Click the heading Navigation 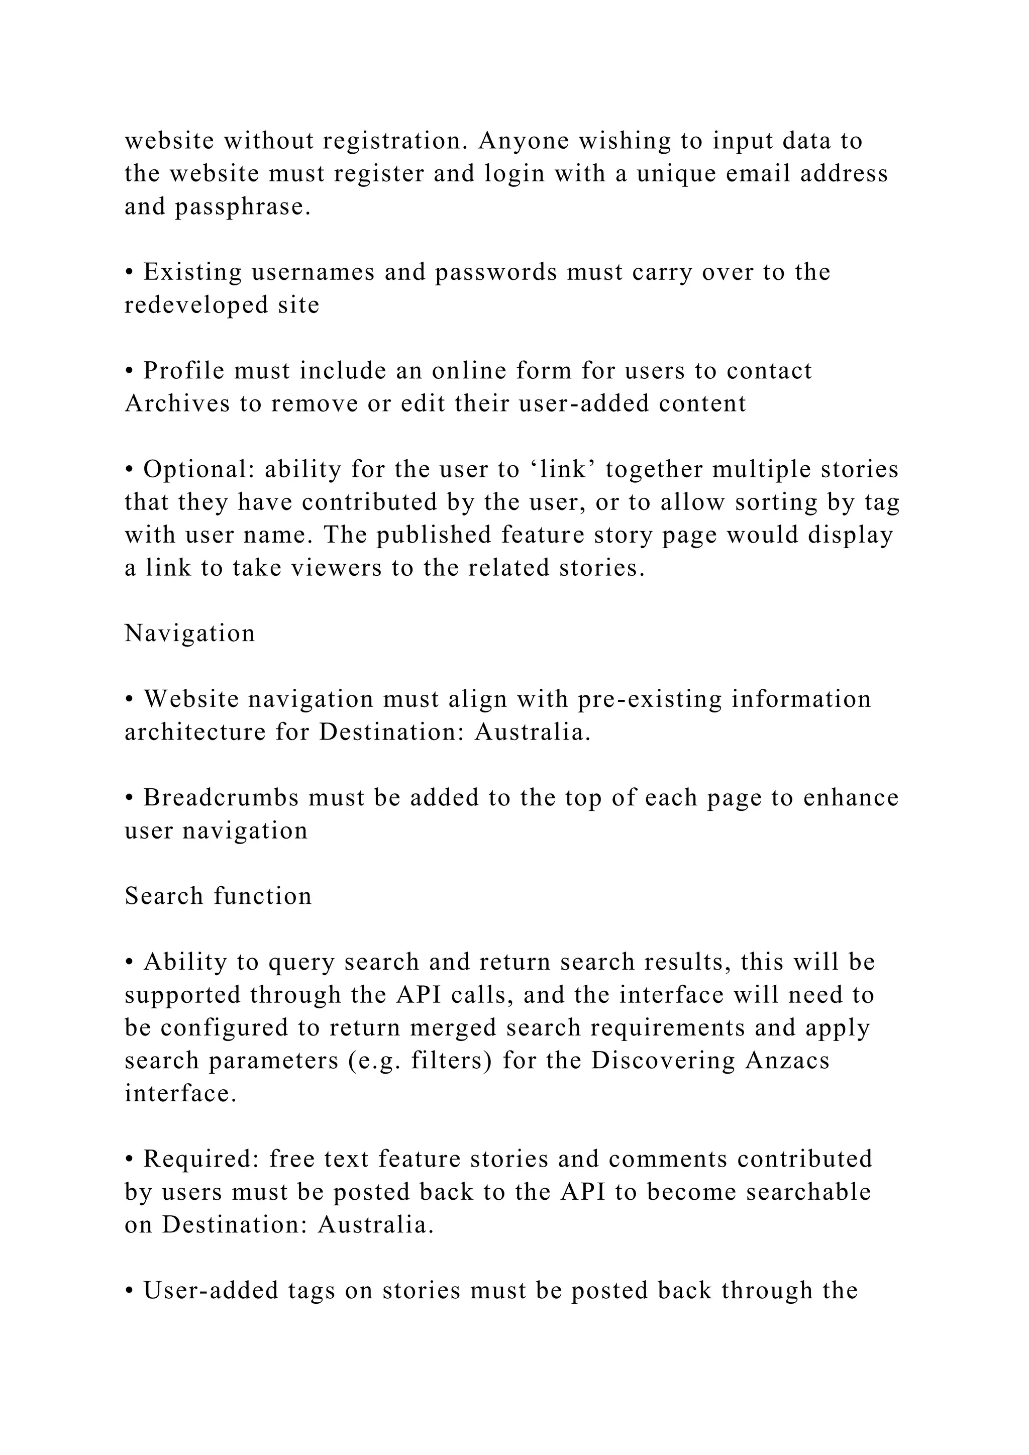pyautogui.click(x=189, y=633)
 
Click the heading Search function pyautogui.click(x=218, y=896)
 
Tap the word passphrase pyautogui.click(x=243, y=207)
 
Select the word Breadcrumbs pyautogui.click(x=221, y=797)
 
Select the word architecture pyautogui.click(x=195, y=732)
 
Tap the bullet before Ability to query pyautogui.click(x=129, y=963)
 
